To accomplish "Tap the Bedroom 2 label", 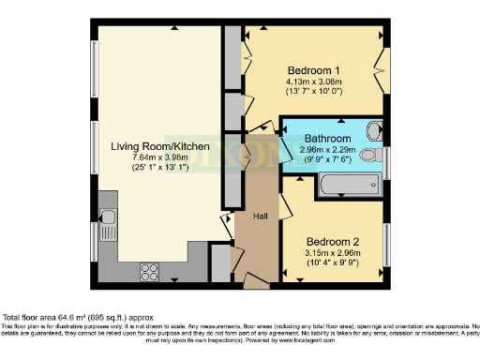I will tap(334, 237).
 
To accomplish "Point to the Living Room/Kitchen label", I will tap(159, 146).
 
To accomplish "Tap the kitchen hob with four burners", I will tap(149, 271).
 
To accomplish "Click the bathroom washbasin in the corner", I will tap(374, 130).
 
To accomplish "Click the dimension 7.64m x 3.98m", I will tap(160, 157).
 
